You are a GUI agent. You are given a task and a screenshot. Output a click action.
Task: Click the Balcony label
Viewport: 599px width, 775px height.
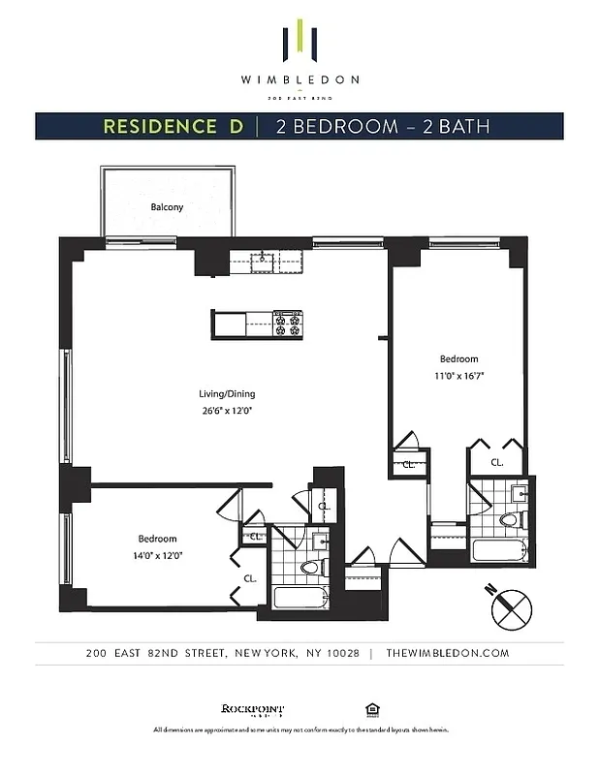coord(167,207)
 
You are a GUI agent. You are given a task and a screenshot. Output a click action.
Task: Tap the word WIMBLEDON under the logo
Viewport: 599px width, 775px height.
coord(300,79)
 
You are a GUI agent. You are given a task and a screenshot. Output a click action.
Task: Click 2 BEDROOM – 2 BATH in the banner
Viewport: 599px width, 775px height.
coord(382,126)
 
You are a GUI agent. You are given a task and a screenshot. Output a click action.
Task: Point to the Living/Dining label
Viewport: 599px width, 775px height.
coord(227,394)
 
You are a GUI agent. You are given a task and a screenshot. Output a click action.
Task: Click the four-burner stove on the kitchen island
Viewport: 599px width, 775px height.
coord(288,324)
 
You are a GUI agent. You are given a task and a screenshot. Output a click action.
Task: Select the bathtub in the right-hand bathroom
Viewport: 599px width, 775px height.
coord(498,550)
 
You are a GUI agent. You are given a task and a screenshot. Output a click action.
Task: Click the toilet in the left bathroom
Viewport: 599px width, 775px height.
coord(310,567)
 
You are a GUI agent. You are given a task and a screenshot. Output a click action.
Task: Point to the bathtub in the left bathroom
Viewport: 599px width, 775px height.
coord(299,597)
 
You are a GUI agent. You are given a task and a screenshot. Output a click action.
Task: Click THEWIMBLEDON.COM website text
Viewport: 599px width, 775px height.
coord(447,653)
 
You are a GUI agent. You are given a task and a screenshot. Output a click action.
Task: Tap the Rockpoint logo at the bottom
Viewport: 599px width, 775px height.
coord(244,708)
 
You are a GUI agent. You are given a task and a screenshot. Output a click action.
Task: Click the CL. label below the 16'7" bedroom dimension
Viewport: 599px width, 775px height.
coord(496,463)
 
